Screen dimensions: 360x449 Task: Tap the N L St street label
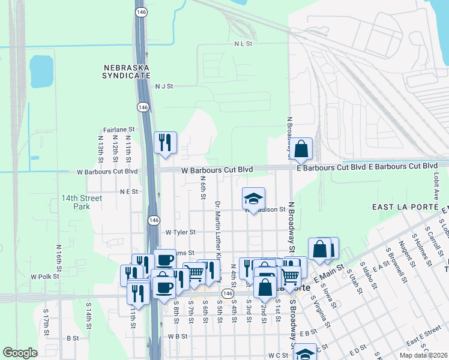pos(244,44)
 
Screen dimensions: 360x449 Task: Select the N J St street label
pos(164,86)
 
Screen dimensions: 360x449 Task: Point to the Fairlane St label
pos(118,130)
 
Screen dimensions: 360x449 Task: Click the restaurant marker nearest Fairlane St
pos(165,143)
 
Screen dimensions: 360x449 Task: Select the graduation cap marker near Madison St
pos(253,199)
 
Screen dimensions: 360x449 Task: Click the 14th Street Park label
pos(82,202)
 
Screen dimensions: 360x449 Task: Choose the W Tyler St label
pos(181,232)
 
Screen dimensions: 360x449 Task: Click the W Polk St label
pos(44,277)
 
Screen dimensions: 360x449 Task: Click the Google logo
pos(20,353)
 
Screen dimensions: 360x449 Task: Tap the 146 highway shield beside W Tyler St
pos(154,221)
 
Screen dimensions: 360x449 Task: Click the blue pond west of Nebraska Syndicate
pos(41,71)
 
